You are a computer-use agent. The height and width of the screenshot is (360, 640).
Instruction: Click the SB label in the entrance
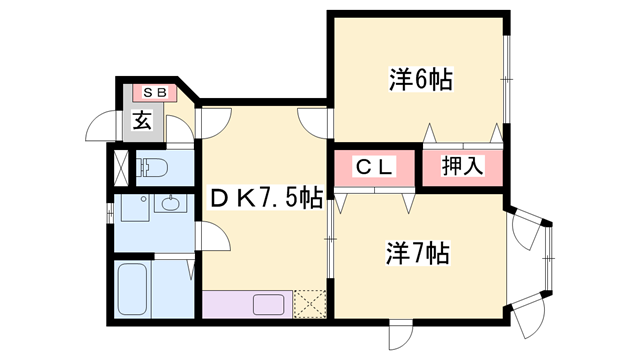(155, 93)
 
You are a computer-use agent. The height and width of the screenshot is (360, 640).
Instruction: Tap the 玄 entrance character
(142, 122)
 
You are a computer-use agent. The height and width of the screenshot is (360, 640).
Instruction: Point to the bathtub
(133, 289)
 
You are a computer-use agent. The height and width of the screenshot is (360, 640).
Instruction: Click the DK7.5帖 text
(265, 198)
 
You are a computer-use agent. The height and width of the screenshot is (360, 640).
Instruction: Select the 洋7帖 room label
(419, 253)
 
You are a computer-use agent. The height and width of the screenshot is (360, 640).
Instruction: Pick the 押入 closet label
(462, 167)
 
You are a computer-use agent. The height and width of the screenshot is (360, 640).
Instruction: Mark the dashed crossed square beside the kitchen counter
(310, 303)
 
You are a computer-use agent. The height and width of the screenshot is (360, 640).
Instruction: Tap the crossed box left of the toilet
(121, 166)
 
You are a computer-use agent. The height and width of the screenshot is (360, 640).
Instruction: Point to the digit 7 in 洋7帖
(419, 253)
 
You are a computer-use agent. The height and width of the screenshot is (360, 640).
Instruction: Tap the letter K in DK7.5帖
(244, 198)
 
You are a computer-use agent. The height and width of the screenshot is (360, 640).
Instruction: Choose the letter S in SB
(148, 93)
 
